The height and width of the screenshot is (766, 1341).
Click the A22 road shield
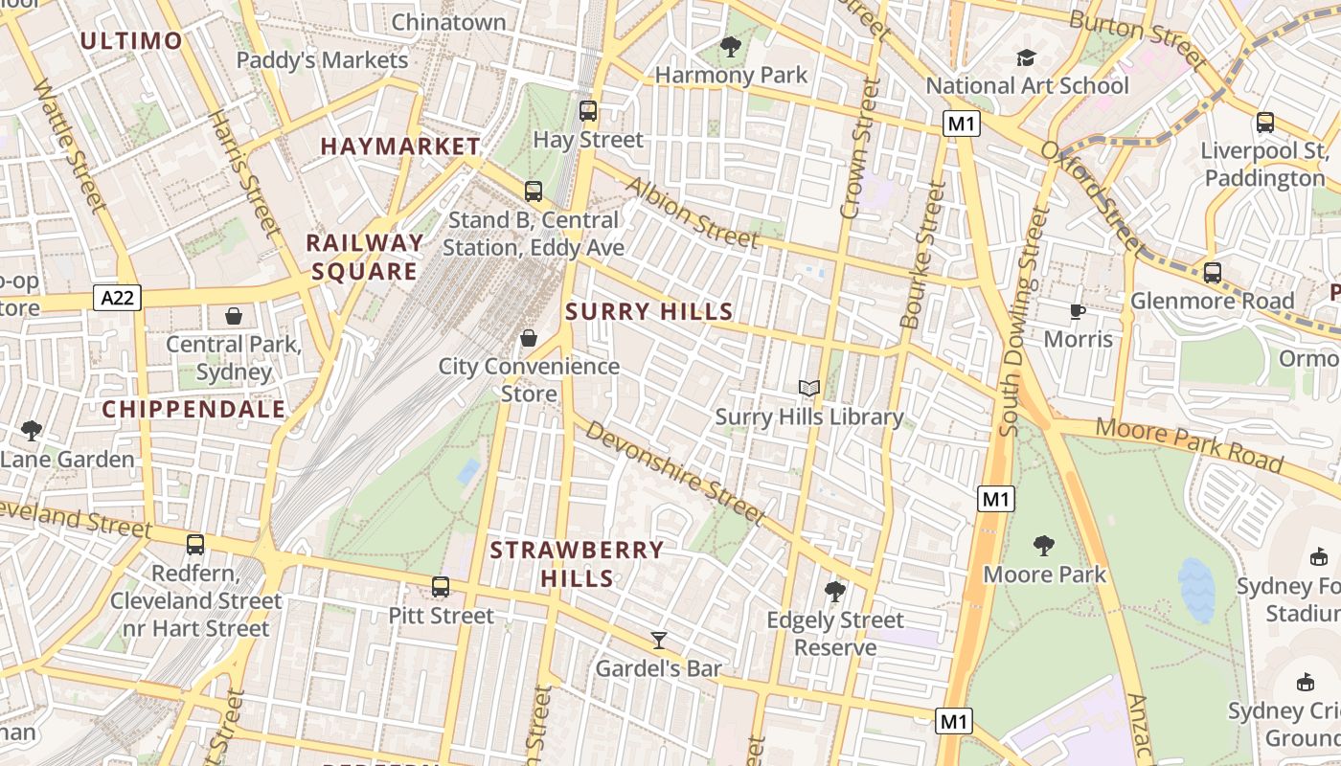tap(118, 298)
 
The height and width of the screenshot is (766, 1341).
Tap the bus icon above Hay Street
tap(588, 111)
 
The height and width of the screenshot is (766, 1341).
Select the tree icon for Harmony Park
tap(731, 46)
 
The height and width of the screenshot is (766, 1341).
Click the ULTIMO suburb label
tap(131, 40)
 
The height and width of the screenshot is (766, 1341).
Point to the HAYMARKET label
tap(400, 146)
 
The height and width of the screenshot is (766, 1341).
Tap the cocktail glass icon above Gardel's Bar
tap(658, 640)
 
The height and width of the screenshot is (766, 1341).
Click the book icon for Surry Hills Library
tap(809, 388)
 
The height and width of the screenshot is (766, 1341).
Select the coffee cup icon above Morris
tap(1078, 310)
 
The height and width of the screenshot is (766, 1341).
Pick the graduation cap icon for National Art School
tap(1027, 57)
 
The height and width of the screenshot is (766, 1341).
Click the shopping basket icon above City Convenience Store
tap(528, 338)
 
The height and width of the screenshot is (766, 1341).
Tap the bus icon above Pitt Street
tap(441, 587)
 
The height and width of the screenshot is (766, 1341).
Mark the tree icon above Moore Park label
tap(1044, 546)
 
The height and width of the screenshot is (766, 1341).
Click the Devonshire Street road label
tap(675, 472)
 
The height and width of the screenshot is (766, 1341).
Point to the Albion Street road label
tap(693, 212)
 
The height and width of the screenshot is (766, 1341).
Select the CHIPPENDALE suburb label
tap(193, 410)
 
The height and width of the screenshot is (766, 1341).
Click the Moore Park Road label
tap(1189, 444)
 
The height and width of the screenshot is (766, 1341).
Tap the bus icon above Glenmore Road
tap(1212, 273)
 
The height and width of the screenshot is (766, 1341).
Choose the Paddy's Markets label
tap(322, 60)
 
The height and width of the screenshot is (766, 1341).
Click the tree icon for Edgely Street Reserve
tap(835, 592)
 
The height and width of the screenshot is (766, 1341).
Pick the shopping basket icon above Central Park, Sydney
tap(234, 316)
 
